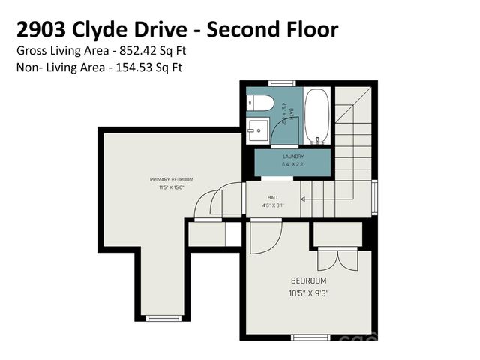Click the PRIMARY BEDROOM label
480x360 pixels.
point(171,179)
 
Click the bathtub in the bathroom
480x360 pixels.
point(317,115)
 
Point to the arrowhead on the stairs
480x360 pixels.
point(302,199)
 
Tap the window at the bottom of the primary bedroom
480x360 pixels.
point(163,318)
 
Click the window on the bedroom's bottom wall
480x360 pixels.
point(310,337)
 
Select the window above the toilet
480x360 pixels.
point(281,82)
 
